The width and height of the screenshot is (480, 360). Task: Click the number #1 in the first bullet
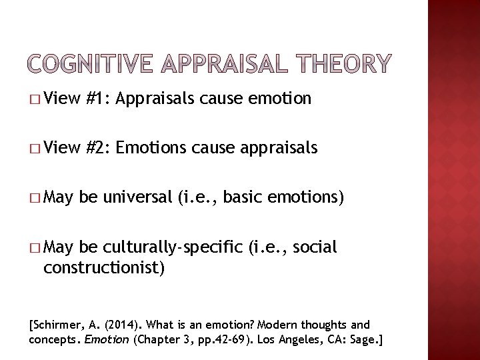pyautogui.click(x=97, y=99)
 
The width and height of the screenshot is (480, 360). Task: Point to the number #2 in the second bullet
pyautogui.click(x=97, y=147)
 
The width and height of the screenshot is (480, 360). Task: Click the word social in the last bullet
pyautogui.click(x=315, y=247)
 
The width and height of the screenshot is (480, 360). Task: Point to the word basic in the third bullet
pyautogui.click(x=244, y=197)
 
